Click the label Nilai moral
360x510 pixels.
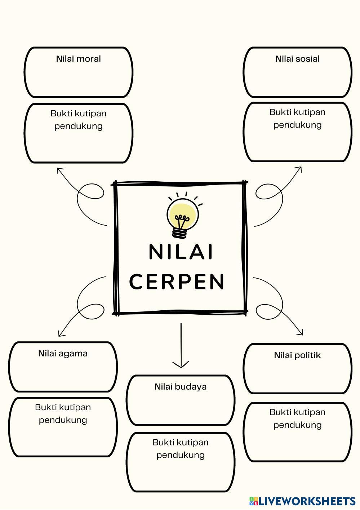pos(78,59)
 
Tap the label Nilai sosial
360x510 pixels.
pos(297,59)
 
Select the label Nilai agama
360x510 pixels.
pos(63,353)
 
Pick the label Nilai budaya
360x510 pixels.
pos(181,387)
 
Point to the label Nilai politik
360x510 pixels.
pos(297,355)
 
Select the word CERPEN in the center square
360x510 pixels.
pos(177,281)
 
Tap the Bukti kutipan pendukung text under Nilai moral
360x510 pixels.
pos(78,120)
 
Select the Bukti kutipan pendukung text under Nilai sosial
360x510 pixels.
pos(297,118)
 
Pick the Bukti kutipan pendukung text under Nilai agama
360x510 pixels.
pos(63,413)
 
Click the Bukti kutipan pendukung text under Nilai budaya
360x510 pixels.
pos(181,448)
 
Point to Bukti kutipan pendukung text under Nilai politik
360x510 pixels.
pos(297,418)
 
